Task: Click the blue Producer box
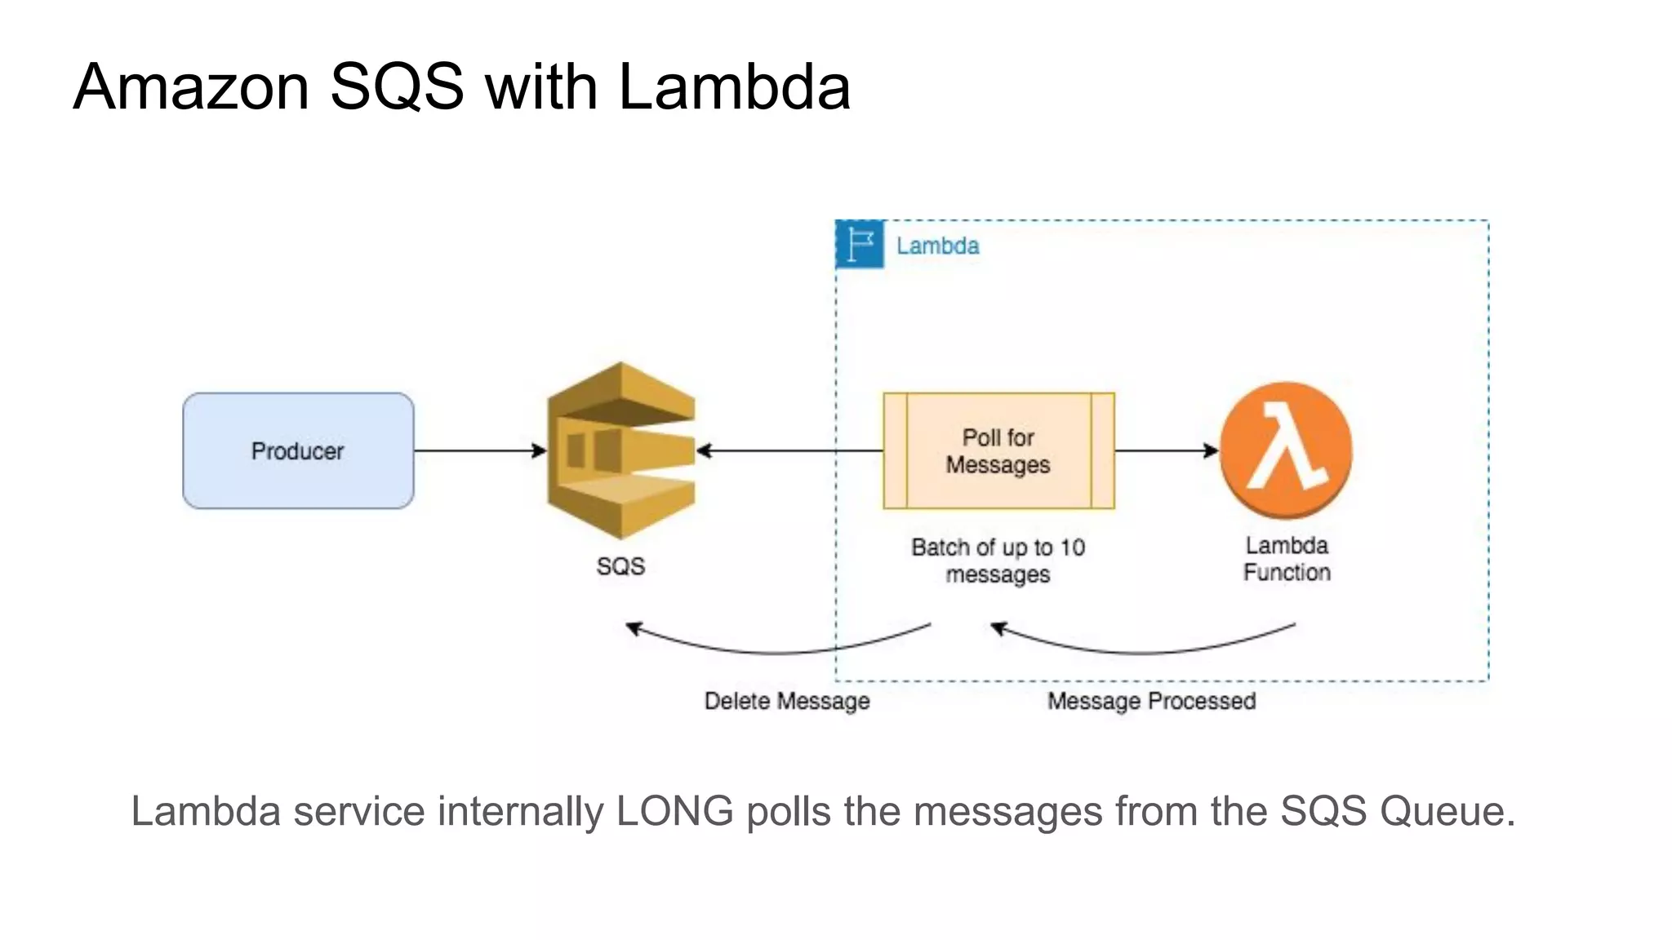coord(298,450)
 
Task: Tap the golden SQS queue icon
coord(620,450)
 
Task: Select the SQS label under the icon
coord(620,565)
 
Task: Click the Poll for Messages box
coord(998,450)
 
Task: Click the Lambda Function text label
coord(1287,559)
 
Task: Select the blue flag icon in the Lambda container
coord(860,244)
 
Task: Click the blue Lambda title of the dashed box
coord(937,246)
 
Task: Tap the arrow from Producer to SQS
coord(480,450)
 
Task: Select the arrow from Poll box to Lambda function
coord(1166,450)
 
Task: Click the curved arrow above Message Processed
coord(1143,651)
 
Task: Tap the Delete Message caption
coord(787,701)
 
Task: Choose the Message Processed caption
coord(1151,701)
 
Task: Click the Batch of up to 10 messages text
coord(998,560)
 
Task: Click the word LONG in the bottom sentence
coord(674,811)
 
